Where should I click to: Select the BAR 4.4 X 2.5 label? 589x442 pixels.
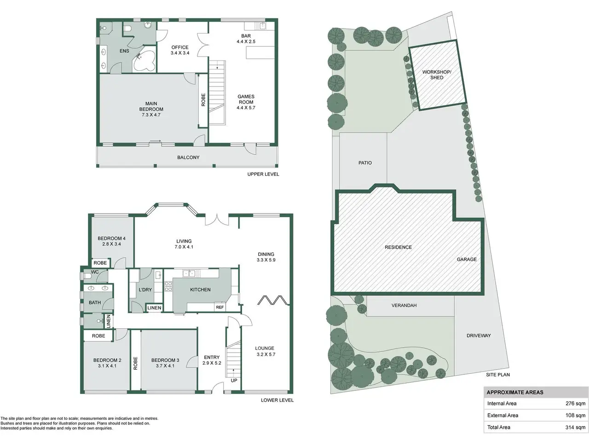246,39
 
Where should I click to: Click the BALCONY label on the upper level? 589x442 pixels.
188,157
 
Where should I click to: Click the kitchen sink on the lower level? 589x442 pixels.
189,273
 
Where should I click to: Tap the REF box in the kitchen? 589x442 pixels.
220,307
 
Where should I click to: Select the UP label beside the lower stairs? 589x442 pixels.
234,380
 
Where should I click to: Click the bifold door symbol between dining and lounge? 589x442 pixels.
273,300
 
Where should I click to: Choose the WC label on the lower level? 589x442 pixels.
95,272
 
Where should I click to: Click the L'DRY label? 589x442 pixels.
145,290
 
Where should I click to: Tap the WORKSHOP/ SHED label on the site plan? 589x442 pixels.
437,75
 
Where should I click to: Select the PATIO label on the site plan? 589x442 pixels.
365,163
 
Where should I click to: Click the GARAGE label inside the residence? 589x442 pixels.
467,260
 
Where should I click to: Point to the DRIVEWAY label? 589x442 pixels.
479,336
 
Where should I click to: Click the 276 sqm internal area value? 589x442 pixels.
575,403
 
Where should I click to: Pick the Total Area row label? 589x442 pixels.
498,427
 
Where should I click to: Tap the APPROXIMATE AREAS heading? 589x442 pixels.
515,392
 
